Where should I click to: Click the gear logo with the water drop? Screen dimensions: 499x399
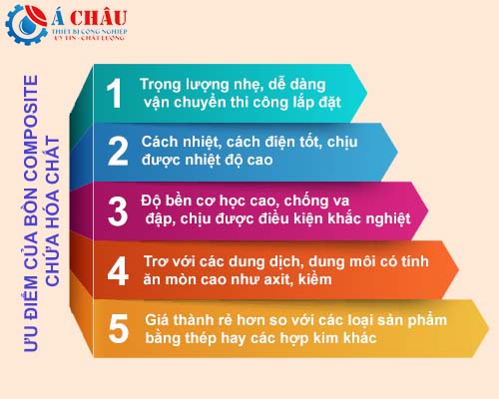click(x=27, y=24)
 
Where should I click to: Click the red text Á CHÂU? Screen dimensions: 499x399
click(x=89, y=17)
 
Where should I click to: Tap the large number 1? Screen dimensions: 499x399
click(x=114, y=94)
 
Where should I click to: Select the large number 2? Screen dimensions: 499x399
click(x=118, y=152)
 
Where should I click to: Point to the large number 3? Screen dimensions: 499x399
click(x=118, y=211)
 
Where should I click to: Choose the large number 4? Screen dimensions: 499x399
click(x=118, y=271)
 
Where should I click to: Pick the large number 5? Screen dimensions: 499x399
click(x=119, y=329)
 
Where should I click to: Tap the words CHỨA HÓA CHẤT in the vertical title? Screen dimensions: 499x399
click(x=52, y=210)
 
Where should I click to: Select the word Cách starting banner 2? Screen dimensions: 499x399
click(x=160, y=143)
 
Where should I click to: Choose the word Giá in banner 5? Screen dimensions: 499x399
click(x=157, y=320)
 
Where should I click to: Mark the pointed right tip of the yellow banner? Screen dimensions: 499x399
click(x=489, y=329)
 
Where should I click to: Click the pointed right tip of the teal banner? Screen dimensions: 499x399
click(x=367, y=93)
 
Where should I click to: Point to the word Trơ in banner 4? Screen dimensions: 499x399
click(x=156, y=261)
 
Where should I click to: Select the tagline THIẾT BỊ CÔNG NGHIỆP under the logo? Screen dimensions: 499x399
click(x=89, y=32)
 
